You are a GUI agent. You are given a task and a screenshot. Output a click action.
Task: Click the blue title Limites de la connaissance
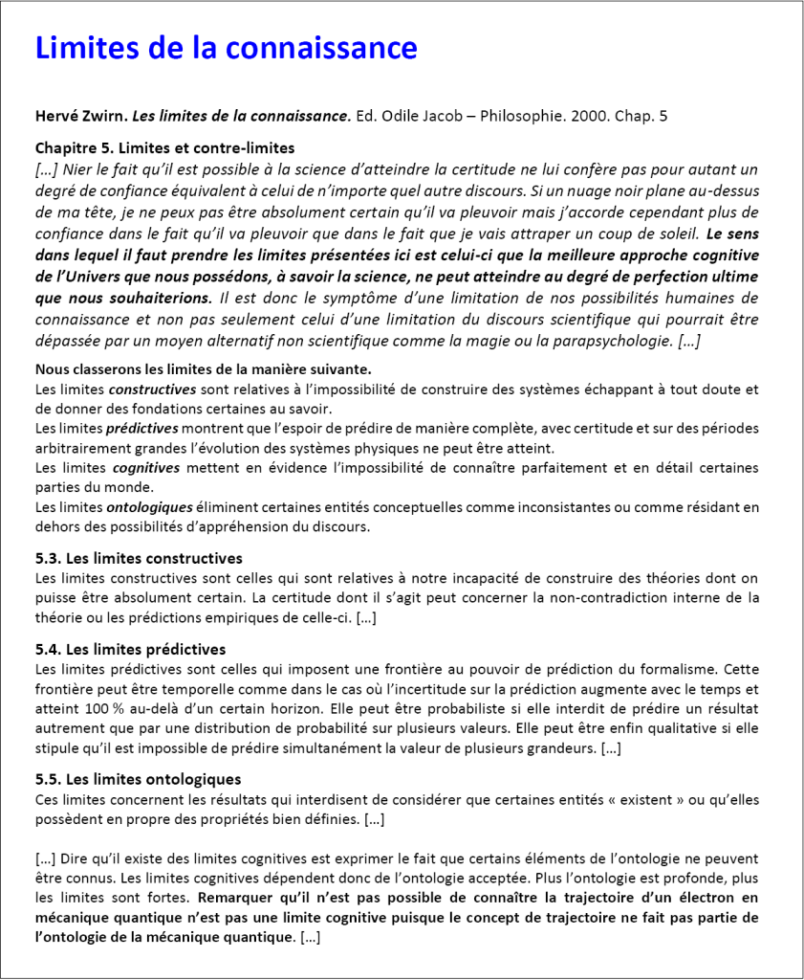(x=226, y=48)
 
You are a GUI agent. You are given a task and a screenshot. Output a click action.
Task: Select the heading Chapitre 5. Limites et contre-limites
(x=164, y=148)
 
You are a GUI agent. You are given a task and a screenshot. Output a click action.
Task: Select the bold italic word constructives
(x=153, y=390)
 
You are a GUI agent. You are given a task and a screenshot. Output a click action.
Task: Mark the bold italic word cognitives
(x=146, y=468)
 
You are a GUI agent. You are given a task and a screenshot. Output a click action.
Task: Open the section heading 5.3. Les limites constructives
(x=139, y=558)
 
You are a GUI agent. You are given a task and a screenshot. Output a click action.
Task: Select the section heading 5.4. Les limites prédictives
(x=130, y=650)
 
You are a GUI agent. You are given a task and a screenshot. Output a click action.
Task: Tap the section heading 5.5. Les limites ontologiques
(x=138, y=779)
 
